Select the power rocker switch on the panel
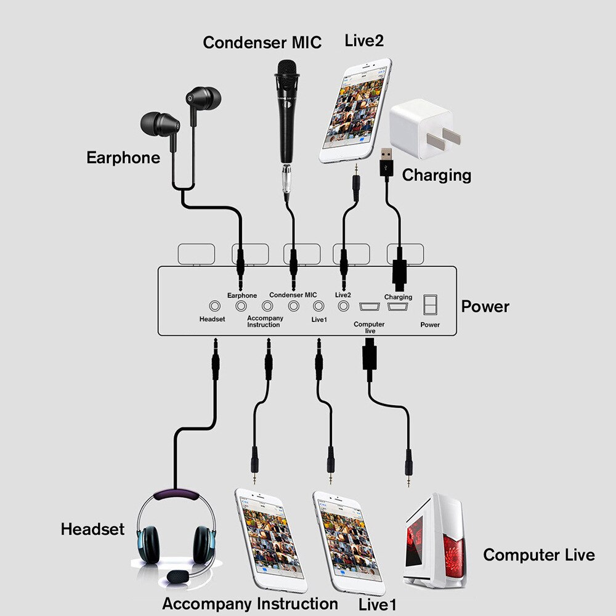(430, 306)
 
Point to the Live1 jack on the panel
(318, 306)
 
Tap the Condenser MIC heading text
(262, 43)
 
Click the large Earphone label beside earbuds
(123, 157)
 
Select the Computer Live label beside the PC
(538, 554)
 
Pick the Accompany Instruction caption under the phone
(250, 603)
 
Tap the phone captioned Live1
(346, 543)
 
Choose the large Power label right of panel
(485, 306)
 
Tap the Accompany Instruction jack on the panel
(267, 306)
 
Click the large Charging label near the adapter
(436, 175)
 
